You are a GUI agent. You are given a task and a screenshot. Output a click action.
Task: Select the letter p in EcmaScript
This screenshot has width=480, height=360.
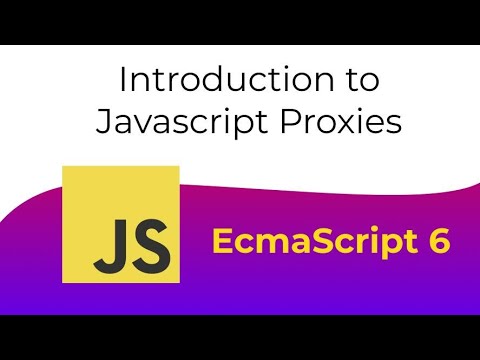(381, 246)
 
